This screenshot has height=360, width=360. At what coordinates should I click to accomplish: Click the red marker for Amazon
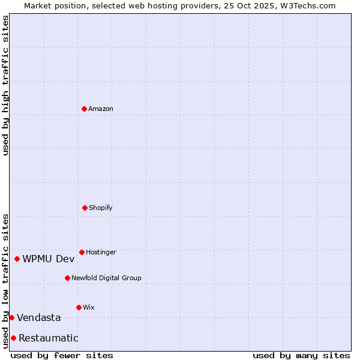85,109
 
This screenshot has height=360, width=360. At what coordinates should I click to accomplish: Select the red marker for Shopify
85,208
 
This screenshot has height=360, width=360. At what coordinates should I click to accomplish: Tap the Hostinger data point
82,252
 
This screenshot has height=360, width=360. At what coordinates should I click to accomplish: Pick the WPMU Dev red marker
17,259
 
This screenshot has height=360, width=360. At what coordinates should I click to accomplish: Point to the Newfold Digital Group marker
67,278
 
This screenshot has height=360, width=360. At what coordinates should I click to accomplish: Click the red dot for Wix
79,307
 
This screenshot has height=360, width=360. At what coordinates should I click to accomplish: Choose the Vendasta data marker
11,317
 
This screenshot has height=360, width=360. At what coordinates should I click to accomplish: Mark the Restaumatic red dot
13,338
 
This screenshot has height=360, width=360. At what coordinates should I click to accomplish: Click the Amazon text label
101,109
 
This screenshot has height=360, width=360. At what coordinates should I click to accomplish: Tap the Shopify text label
101,208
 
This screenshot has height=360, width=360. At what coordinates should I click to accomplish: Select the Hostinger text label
101,252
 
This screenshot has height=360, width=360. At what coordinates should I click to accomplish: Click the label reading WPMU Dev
49,259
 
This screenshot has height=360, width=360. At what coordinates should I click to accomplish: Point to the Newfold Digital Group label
106,278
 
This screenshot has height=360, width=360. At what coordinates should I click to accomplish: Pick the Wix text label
89,307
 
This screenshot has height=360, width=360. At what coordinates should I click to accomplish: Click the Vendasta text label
39,317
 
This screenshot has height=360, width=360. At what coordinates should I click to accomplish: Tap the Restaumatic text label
49,338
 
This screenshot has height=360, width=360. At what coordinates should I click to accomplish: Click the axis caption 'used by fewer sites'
62,355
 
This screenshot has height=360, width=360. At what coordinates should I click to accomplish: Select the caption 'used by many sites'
301,355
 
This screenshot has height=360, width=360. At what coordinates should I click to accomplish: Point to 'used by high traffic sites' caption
5,85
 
